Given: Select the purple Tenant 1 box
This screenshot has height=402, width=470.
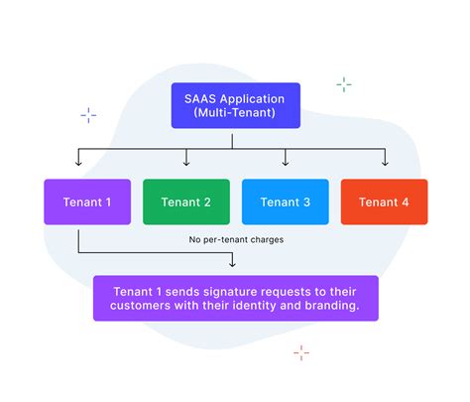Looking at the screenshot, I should tap(87, 201).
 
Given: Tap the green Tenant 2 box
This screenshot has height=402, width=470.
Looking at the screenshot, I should tap(186, 201).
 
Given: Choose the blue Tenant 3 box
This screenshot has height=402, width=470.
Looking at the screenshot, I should tap(286, 201).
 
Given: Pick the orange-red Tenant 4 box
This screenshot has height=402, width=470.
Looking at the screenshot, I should tap(384, 201).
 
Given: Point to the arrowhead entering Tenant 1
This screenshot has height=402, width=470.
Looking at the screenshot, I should tap(78, 163).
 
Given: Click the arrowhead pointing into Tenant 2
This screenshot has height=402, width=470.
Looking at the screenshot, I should tap(186, 163).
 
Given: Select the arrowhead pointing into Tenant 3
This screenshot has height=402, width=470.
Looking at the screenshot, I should tap(286, 163).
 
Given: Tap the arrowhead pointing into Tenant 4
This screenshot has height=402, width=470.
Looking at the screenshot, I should tap(385, 163).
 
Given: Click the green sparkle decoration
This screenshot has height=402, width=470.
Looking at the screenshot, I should tap(343, 84).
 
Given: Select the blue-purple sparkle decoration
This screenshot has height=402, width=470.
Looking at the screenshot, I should tap(88, 115).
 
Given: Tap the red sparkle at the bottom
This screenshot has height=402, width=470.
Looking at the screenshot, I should tap(301, 352).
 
